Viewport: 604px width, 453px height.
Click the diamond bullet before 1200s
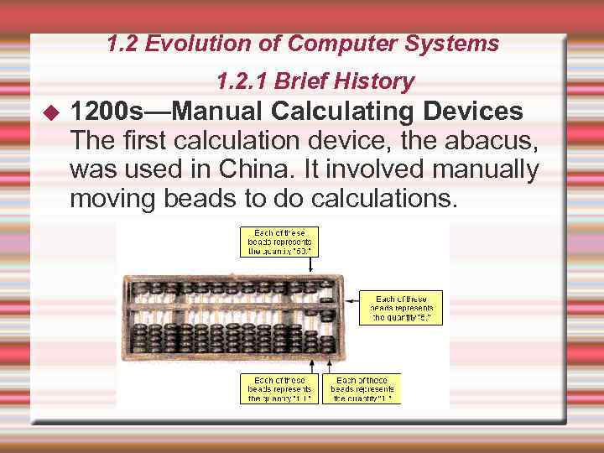50,112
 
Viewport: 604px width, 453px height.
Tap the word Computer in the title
346,44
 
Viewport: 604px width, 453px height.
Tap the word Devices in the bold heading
474,112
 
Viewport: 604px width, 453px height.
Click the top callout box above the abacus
279,242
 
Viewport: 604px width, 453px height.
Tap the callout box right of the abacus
400,308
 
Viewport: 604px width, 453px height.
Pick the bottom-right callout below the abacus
362,388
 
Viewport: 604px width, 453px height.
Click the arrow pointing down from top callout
312,264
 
